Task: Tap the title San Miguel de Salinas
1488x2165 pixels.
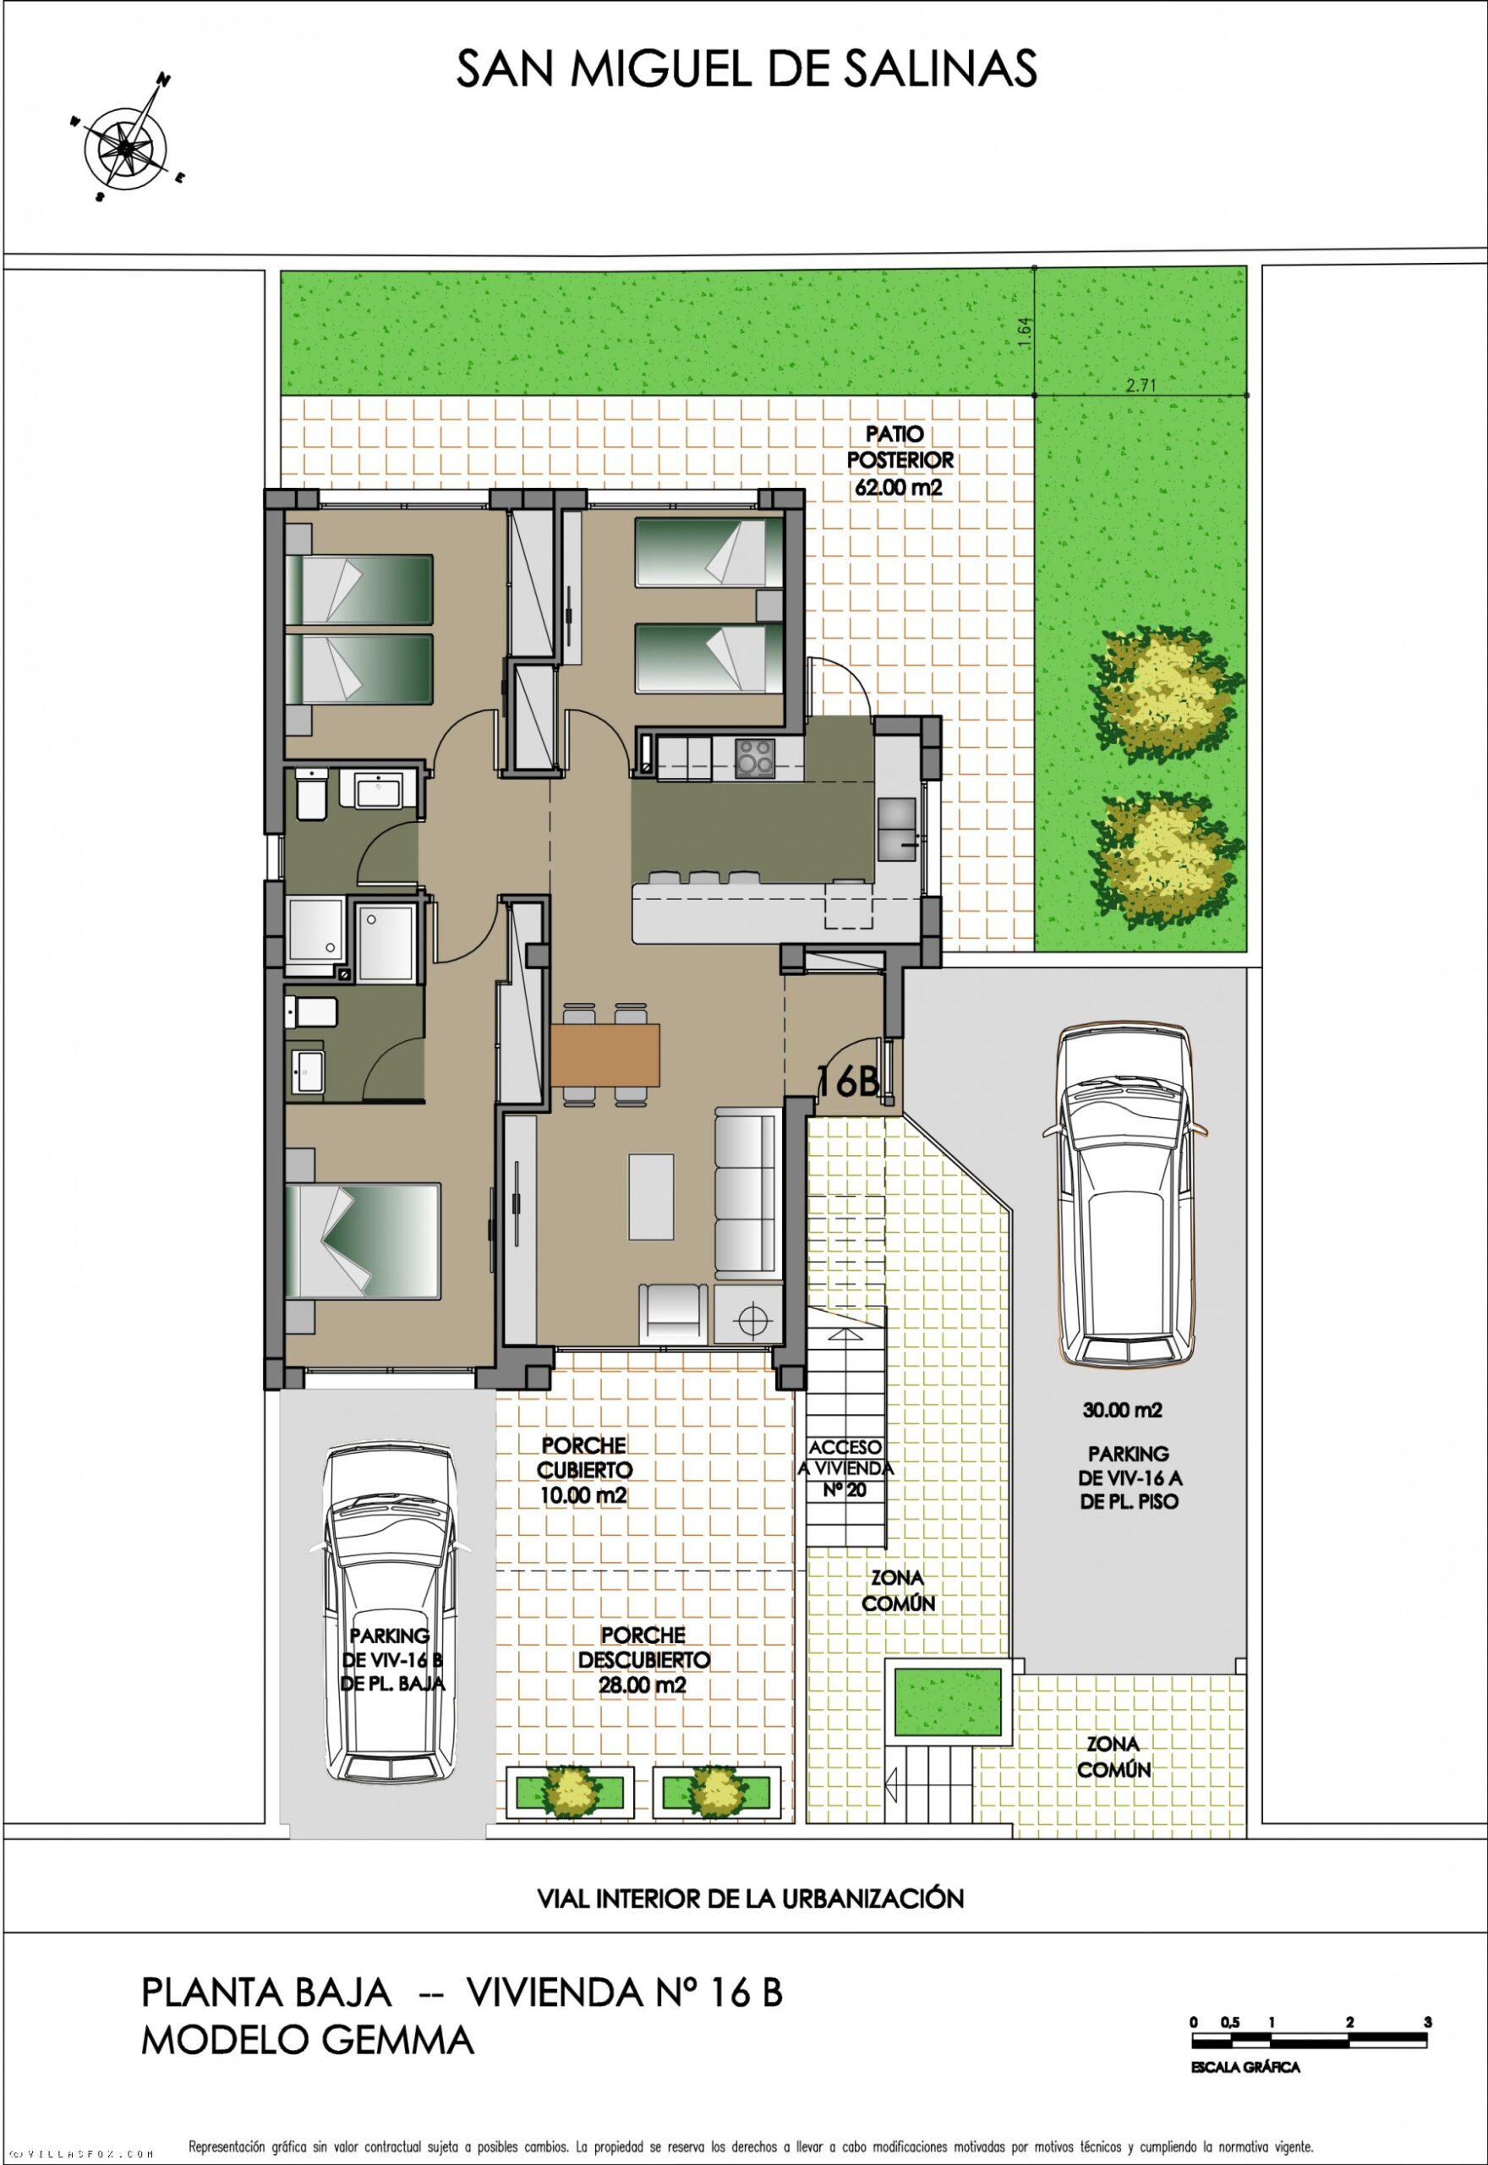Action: tap(746, 69)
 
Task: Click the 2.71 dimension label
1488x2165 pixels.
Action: tap(1140, 384)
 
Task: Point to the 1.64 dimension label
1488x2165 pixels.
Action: tap(1025, 333)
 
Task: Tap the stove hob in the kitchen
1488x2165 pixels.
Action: tap(754, 757)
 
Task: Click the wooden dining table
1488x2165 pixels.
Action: tap(605, 1055)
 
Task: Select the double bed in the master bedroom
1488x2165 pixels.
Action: tap(363, 1241)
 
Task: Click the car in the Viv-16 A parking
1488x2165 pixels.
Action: tap(1125, 1198)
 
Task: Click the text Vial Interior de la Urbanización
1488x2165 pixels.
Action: tap(751, 1898)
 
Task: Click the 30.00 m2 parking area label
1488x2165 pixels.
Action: tap(1123, 1411)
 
